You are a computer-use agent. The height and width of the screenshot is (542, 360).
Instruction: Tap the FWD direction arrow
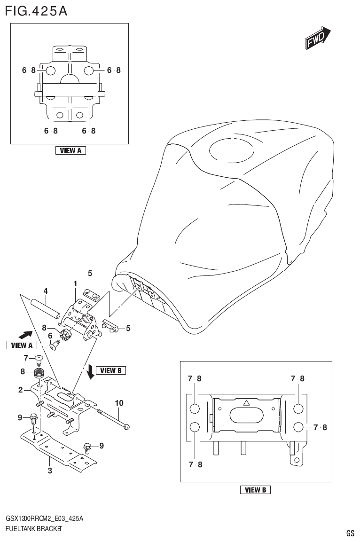pyautogui.click(x=317, y=39)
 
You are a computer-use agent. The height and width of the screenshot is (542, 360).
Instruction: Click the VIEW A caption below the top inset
pyautogui.click(x=70, y=151)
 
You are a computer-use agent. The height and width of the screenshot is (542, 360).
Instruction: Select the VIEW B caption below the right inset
pyautogui.click(x=255, y=490)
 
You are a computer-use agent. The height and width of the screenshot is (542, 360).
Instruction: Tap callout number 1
pyautogui.click(x=75, y=283)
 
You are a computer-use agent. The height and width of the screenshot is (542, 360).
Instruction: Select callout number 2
pyautogui.click(x=21, y=390)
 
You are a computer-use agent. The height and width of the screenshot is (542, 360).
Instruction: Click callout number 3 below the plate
pyautogui.click(x=50, y=470)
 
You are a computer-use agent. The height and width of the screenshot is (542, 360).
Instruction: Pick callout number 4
pyautogui.click(x=46, y=291)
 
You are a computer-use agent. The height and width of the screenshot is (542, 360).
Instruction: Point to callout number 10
pyautogui.click(x=119, y=402)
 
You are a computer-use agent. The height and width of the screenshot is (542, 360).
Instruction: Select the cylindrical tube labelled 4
pyautogui.click(x=46, y=307)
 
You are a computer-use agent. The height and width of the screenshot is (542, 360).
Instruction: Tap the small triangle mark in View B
pyautogui.click(x=245, y=403)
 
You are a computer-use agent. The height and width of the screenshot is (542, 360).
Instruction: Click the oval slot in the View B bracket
pyautogui.click(x=247, y=416)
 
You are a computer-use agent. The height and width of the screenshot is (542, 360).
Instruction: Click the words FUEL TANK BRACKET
pyautogui.click(x=34, y=528)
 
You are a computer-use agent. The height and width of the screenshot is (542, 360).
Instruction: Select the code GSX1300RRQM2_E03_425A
pyautogui.click(x=45, y=518)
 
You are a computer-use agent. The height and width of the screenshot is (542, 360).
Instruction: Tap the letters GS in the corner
pyautogui.click(x=350, y=533)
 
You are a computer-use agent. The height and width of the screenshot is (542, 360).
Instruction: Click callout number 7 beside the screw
pyautogui.click(x=26, y=358)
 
